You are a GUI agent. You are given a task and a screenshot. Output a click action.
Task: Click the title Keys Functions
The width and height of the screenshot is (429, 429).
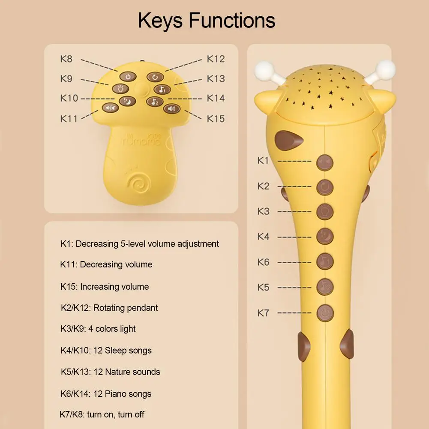(206, 20)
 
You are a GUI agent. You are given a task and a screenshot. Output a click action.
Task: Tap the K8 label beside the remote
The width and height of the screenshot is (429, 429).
(66, 59)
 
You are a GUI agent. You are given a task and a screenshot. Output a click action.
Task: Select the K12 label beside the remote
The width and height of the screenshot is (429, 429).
(216, 59)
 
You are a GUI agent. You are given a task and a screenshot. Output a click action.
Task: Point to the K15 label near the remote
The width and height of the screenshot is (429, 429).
(216, 119)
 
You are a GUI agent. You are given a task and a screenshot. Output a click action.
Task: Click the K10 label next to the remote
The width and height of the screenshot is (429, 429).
(69, 99)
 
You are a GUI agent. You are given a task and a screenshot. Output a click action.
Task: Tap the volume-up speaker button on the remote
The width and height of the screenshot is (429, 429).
(172, 109)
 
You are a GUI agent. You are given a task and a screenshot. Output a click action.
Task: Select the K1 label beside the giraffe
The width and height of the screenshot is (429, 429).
(263, 161)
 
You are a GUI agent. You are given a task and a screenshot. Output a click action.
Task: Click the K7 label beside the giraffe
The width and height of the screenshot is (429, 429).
(263, 312)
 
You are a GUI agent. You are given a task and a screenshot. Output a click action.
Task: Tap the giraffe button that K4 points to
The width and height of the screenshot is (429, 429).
(325, 237)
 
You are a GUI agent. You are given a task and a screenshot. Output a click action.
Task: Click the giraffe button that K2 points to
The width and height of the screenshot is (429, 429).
(325, 187)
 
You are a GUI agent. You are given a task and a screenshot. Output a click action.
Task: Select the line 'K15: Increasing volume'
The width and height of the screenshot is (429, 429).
(104, 287)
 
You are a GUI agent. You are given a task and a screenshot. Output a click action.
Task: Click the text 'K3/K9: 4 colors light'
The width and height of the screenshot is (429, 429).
(98, 329)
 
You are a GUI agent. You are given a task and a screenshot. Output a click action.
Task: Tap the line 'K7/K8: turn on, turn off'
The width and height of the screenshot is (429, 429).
(102, 414)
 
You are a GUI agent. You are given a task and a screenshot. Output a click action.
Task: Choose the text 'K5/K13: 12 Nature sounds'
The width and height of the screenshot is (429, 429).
(110, 372)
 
